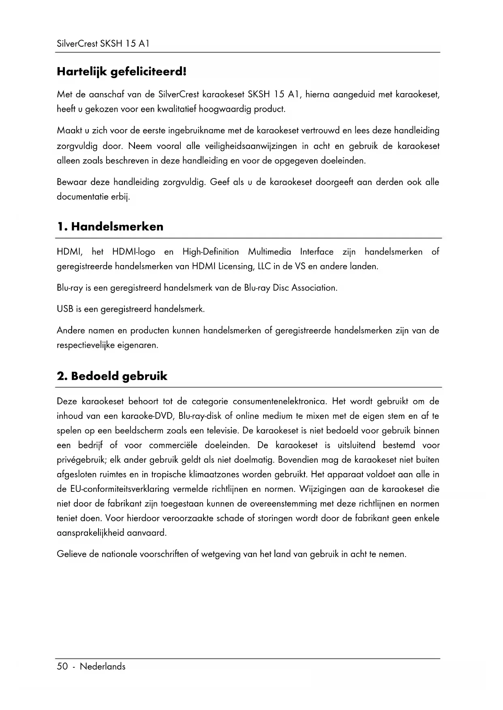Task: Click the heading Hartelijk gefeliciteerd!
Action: [x=122, y=72]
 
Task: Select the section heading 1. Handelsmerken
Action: [x=110, y=227]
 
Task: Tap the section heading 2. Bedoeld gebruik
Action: [x=112, y=376]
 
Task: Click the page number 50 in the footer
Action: [x=62, y=667]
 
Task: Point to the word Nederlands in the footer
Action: [x=103, y=667]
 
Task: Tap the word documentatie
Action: [x=82, y=197]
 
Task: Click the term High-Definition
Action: [x=210, y=252]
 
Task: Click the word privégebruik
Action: [x=81, y=460]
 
